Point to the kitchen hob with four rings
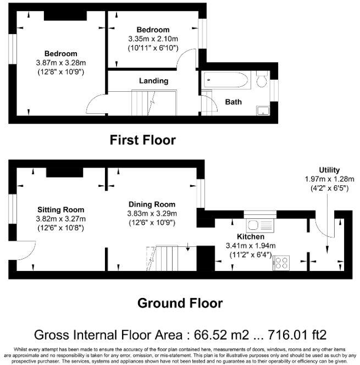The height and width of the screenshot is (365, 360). tap(282, 263)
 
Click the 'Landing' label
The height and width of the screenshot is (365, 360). tap(153, 81)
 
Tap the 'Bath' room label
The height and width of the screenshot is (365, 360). tap(234, 102)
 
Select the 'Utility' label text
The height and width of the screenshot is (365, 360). tap(329, 170)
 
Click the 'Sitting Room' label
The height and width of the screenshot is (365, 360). tap(61, 209)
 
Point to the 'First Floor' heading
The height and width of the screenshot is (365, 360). tap(143, 140)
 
